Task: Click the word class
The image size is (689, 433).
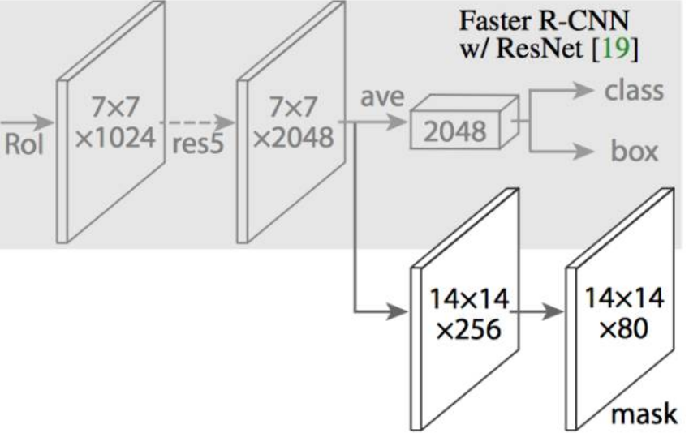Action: click(632, 90)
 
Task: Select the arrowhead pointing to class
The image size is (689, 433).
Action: click(587, 90)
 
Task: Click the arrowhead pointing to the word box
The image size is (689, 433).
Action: click(587, 151)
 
